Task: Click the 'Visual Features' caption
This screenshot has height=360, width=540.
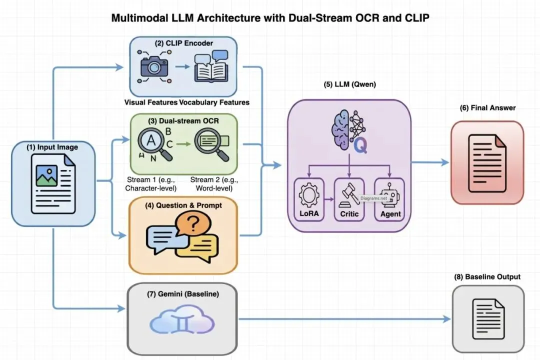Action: click(x=151, y=102)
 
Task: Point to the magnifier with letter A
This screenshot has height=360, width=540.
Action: click(x=152, y=142)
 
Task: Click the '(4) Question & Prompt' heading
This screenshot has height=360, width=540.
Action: click(x=182, y=205)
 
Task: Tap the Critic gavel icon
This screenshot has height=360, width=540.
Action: click(x=348, y=195)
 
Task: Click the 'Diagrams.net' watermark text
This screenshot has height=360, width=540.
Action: click(x=374, y=198)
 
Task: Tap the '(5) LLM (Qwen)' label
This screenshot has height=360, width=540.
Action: click(x=349, y=84)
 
